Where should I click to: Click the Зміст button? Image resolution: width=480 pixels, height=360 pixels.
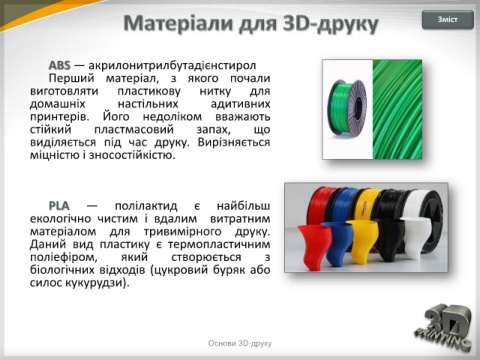(448, 20)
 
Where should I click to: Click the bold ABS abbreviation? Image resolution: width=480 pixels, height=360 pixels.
(60, 65)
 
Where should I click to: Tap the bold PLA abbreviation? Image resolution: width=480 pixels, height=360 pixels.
(59, 206)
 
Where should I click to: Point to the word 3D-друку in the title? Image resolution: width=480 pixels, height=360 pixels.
(331, 24)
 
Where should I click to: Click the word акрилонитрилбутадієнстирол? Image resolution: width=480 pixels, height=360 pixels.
(172, 65)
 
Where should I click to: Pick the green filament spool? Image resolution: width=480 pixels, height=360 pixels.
(348, 108)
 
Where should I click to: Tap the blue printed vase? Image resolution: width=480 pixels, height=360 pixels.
(337, 243)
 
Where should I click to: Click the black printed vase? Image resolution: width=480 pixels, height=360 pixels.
(390, 241)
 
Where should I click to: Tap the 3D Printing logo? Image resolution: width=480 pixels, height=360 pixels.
(444, 328)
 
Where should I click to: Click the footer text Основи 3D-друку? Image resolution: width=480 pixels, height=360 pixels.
(240, 343)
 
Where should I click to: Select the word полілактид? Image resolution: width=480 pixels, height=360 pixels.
(146, 206)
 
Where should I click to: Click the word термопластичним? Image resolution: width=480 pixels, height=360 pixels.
(219, 244)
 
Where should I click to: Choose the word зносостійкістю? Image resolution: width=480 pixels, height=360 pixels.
(132, 155)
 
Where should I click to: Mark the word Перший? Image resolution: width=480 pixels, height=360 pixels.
(72, 79)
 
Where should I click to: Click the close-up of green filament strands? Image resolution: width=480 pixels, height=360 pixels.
(397, 109)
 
